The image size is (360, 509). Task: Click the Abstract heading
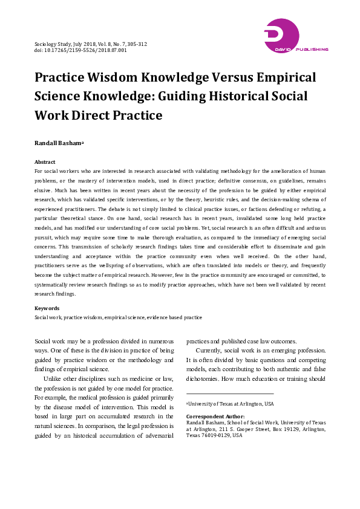45,162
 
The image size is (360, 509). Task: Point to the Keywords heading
47,308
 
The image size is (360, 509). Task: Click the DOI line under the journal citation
80,51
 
